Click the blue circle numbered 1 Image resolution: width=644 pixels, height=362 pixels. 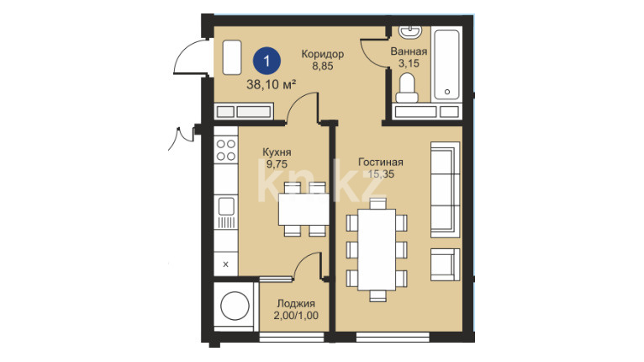pyautogui.click(x=267, y=61)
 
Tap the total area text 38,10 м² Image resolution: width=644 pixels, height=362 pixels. pyautogui.click(x=271, y=85)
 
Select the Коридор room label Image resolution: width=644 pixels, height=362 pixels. pyautogui.click(x=322, y=54)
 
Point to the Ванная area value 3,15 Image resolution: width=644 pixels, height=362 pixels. pyautogui.click(x=409, y=63)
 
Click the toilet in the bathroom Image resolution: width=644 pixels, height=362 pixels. pyautogui.click(x=407, y=88)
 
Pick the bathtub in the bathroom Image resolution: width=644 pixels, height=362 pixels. pyautogui.click(x=447, y=64)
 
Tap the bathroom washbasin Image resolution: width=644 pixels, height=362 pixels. pyautogui.click(x=411, y=32)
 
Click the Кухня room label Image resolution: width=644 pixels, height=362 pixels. pyautogui.click(x=277, y=152)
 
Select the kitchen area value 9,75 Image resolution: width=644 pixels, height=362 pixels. pyautogui.click(x=277, y=164)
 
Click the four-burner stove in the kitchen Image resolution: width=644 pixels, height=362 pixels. pyautogui.click(x=226, y=150)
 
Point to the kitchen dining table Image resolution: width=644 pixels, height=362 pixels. pyautogui.click(x=304, y=209)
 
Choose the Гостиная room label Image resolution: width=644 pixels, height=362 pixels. pyautogui.click(x=381, y=162)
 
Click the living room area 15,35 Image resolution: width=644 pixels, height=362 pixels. pyautogui.click(x=381, y=174)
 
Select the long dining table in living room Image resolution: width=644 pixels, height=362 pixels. pyautogui.click(x=377, y=250)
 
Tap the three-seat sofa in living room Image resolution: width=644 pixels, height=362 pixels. pyautogui.click(x=445, y=189)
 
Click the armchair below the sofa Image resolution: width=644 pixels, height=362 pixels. pyautogui.click(x=445, y=264)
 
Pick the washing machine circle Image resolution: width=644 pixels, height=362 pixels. pyautogui.click(x=235, y=306)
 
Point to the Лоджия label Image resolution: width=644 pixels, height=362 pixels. pyautogui.click(x=296, y=304)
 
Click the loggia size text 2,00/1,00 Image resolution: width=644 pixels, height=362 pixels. pyautogui.click(x=296, y=316)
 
